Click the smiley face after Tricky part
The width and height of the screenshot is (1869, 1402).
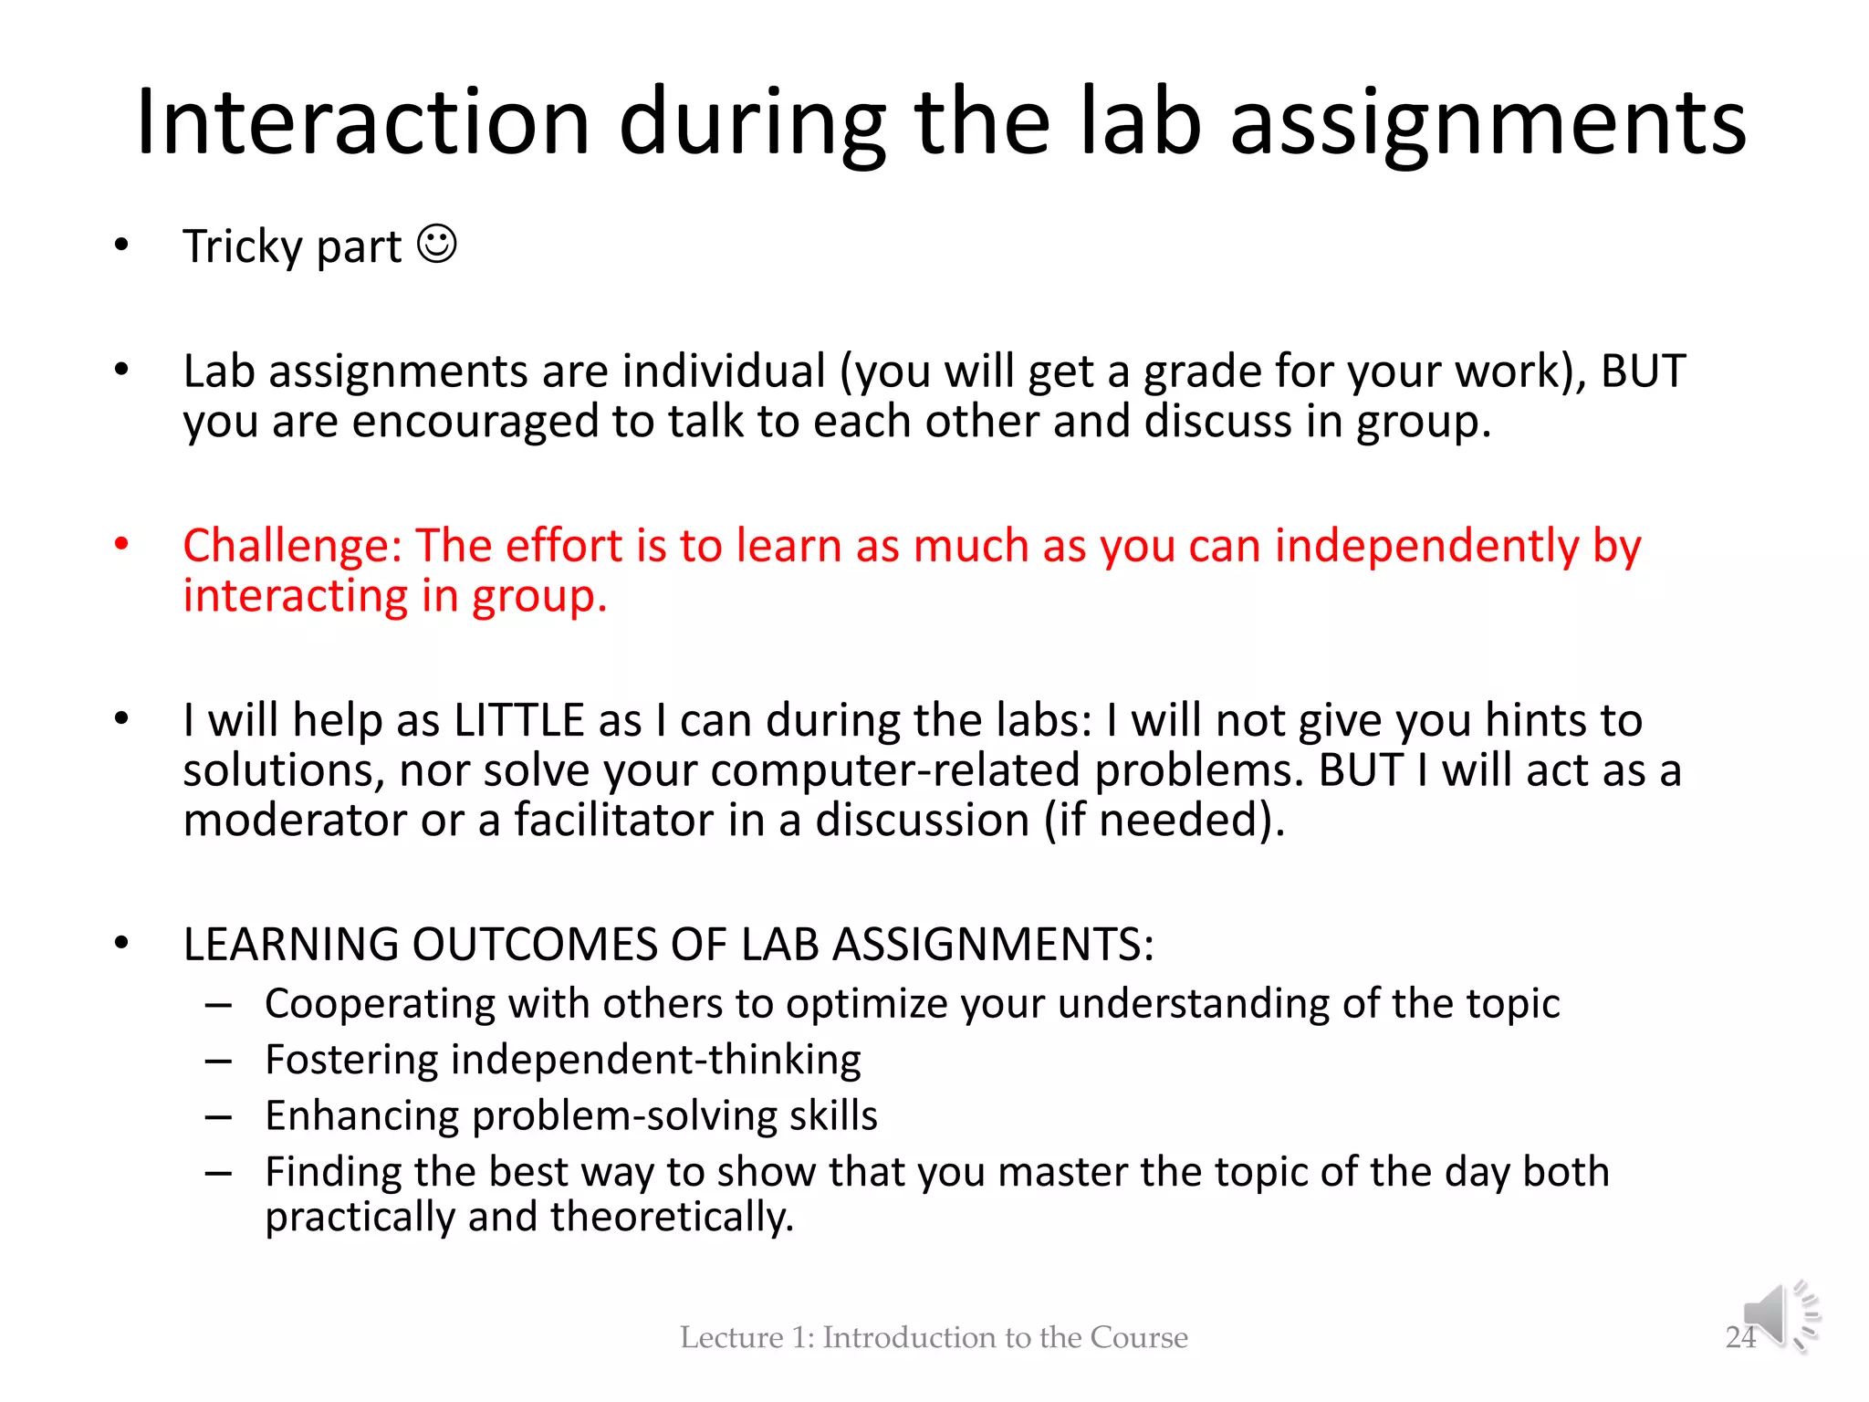coord(437,245)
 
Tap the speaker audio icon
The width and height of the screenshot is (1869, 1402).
coord(1780,1317)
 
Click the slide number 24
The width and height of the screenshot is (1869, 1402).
coord(1740,1337)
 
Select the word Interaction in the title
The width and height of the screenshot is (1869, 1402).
coord(363,122)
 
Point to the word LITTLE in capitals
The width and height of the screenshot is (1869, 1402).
coord(518,720)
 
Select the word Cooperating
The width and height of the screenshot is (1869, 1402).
coord(380,1003)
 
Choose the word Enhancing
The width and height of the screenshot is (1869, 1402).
coord(361,1115)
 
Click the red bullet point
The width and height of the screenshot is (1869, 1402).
coord(121,545)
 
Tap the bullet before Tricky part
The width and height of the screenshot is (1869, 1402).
coord(121,246)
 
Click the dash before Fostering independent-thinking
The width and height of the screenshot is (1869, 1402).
coord(218,1061)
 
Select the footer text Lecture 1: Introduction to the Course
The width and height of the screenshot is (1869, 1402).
coord(934,1337)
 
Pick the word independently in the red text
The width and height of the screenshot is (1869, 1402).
coord(1426,546)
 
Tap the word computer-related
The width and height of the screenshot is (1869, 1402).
coord(895,770)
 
